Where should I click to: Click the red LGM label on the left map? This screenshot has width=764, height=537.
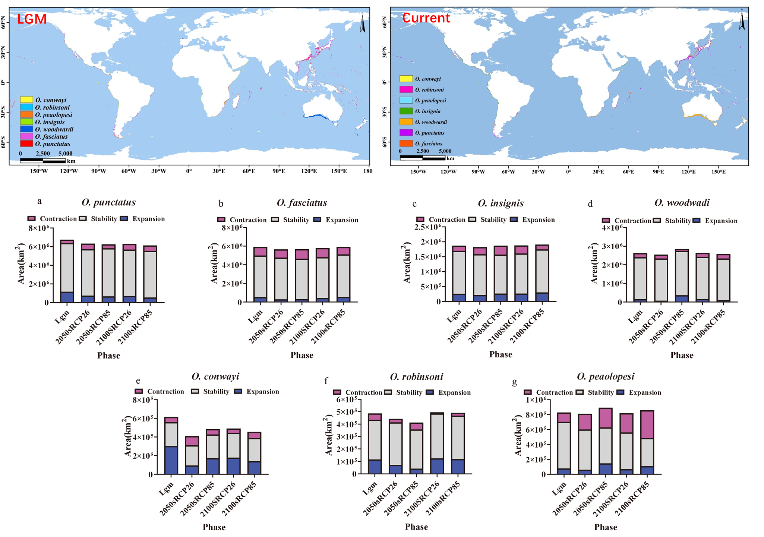32,19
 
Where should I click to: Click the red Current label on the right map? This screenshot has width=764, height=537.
426,18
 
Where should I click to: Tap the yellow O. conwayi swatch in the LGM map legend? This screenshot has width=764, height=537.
26,100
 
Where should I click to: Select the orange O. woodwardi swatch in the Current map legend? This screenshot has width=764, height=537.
406,122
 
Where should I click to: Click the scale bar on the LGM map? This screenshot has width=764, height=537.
43,161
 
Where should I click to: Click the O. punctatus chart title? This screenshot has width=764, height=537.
108,202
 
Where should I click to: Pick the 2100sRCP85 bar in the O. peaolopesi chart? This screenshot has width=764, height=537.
647,442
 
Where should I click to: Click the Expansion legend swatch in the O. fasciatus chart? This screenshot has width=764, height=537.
318,220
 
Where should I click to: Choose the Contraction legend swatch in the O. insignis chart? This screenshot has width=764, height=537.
420,219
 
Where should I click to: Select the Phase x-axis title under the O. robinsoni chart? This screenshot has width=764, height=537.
416,527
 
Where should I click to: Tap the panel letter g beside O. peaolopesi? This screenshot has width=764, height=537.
515,382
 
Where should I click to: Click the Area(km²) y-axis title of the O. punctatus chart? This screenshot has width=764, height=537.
20,264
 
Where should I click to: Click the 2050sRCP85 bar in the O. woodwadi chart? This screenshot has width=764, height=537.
682,276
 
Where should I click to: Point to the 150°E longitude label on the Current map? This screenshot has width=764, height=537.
718,172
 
